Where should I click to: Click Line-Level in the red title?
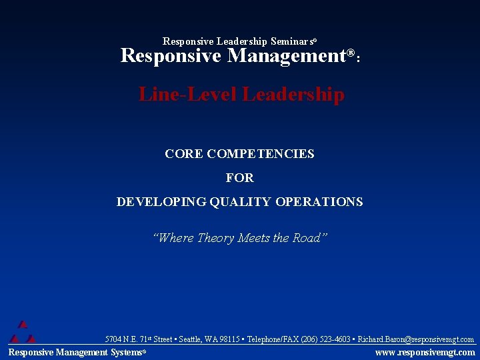[x=188, y=95]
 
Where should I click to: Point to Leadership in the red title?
[x=293, y=95]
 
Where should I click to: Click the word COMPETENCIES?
[x=261, y=154]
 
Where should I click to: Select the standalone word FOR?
[x=240, y=178]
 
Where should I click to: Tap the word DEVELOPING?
[x=162, y=202]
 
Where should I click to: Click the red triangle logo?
[x=22, y=332]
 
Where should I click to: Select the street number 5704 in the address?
[x=114, y=339]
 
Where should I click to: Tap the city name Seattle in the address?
[x=190, y=339]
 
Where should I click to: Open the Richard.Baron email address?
[x=416, y=339]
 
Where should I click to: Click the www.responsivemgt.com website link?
[x=425, y=352]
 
